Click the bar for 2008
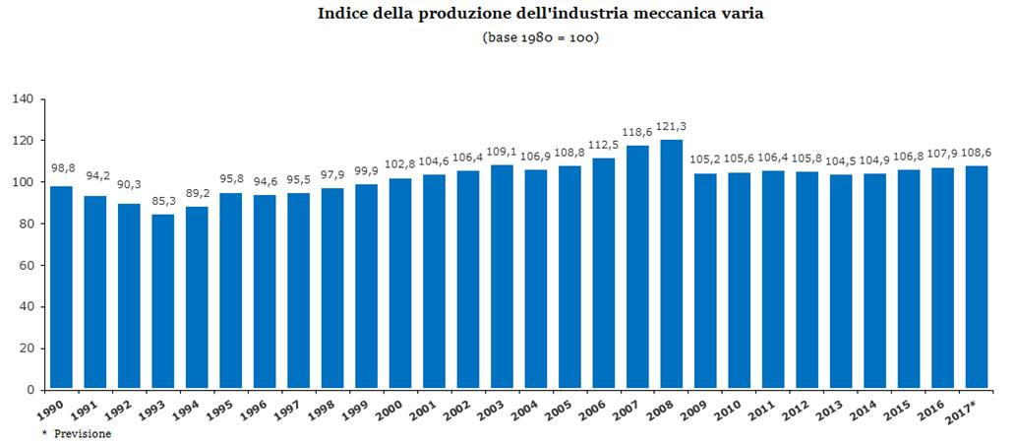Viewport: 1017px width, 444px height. pos(671,264)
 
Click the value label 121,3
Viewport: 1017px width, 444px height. pos(671,127)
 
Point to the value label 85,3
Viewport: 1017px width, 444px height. pos(163,202)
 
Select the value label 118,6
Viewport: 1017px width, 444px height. pos(637,132)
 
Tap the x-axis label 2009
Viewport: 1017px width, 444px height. pos(700,409)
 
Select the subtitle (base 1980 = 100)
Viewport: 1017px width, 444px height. pos(541,37)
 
